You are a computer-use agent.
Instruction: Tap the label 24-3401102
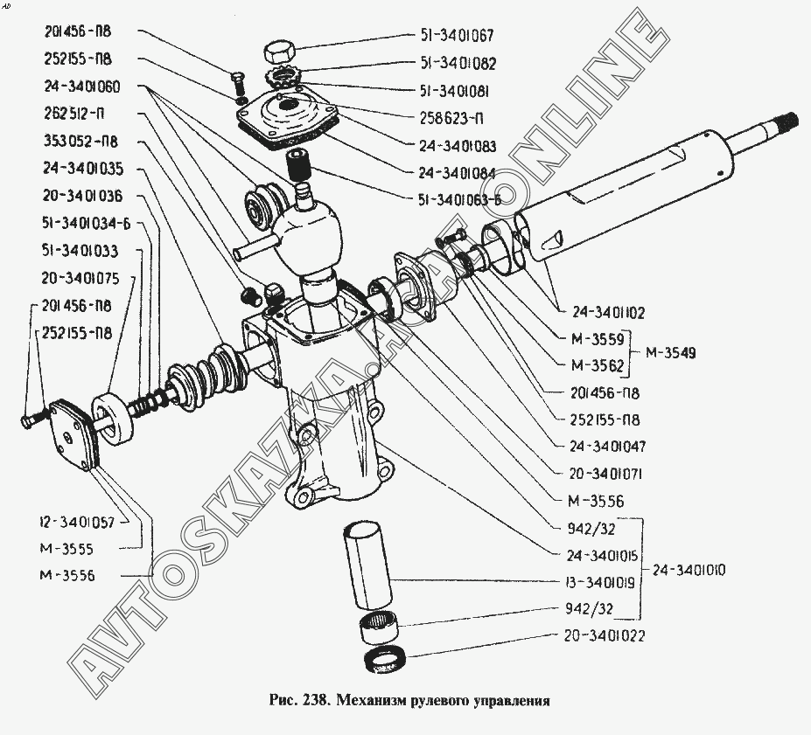(x=609, y=312)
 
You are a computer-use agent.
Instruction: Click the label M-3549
(x=672, y=353)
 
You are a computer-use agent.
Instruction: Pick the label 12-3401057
(x=76, y=522)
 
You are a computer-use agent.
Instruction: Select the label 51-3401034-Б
(x=86, y=224)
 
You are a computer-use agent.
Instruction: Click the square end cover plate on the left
(x=73, y=432)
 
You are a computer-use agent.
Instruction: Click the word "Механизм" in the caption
(x=369, y=700)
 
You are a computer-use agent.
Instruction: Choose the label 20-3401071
(x=608, y=474)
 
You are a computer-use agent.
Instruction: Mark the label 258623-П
(x=452, y=117)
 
